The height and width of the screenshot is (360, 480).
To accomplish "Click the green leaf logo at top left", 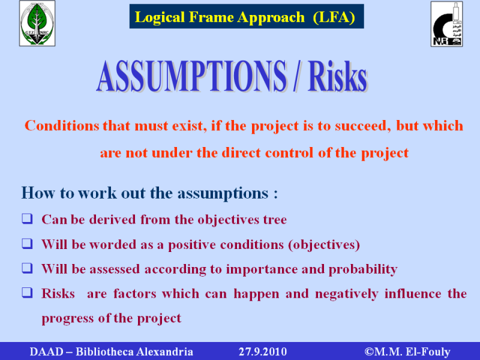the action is point(37,23).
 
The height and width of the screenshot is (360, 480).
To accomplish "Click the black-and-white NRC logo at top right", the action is point(446,24).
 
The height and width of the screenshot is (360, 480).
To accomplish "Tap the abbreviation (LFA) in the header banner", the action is point(334,17).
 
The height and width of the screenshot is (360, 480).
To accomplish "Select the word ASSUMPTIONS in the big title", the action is point(191,76).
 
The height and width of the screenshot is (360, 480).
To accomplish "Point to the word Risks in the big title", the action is point(338,76).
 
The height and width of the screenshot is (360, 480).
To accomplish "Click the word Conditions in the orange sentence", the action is point(62,126).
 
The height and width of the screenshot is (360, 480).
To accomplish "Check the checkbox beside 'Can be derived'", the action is point(27,219).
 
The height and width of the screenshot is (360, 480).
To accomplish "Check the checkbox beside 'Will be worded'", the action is point(27,244).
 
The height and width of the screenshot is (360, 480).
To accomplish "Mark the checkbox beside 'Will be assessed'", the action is point(27,268).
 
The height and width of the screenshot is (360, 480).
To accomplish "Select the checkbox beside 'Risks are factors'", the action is point(27,293).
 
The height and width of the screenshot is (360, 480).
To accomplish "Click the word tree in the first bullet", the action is point(275,220).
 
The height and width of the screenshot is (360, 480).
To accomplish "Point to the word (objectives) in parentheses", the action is point(324,245).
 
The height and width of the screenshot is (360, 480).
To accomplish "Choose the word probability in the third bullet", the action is point(363,269).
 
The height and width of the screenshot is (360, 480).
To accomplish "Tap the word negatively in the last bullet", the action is point(347,293).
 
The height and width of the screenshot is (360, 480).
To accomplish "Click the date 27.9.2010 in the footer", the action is point(263,352).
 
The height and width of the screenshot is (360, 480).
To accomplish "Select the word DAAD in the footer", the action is point(46,352).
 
